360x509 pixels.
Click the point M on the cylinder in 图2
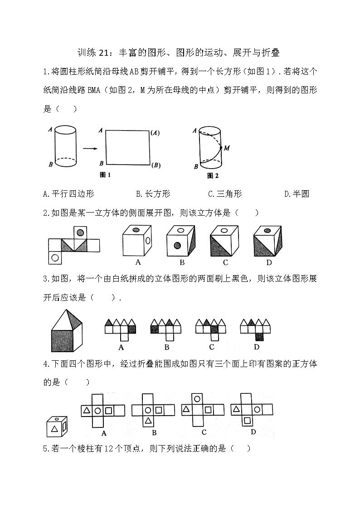point(221,148)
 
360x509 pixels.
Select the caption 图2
point(212,175)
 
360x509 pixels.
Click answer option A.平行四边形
point(68,194)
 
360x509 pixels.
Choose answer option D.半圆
point(297,194)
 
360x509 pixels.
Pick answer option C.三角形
point(225,194)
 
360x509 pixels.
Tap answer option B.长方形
point(153,194)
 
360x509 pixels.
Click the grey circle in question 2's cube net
point(80,233)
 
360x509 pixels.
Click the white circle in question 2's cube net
point(55,258)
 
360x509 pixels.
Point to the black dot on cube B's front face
point(177,246)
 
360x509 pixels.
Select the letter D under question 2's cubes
point(269,262)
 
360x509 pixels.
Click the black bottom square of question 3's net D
point(259,337)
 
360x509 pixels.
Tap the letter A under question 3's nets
point(121,348)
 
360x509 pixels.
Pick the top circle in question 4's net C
point(197,399)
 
